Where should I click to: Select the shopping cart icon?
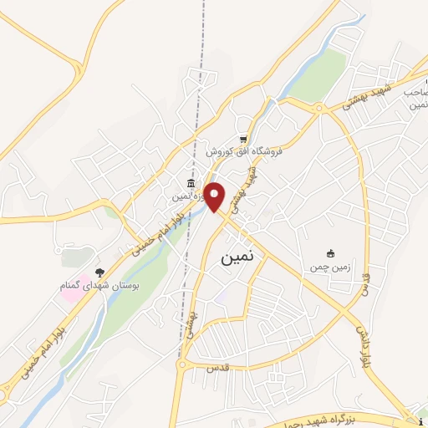(x=242, y=140)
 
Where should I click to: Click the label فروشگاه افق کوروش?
(x=245, y=153)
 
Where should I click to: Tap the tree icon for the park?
(x=99, y=273)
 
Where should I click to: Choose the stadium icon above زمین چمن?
(x=330, y=252)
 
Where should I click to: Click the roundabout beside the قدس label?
(x=181, y=364)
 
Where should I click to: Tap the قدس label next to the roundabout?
(x=203, y=365)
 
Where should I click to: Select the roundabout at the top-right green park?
(x=318, y=107)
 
